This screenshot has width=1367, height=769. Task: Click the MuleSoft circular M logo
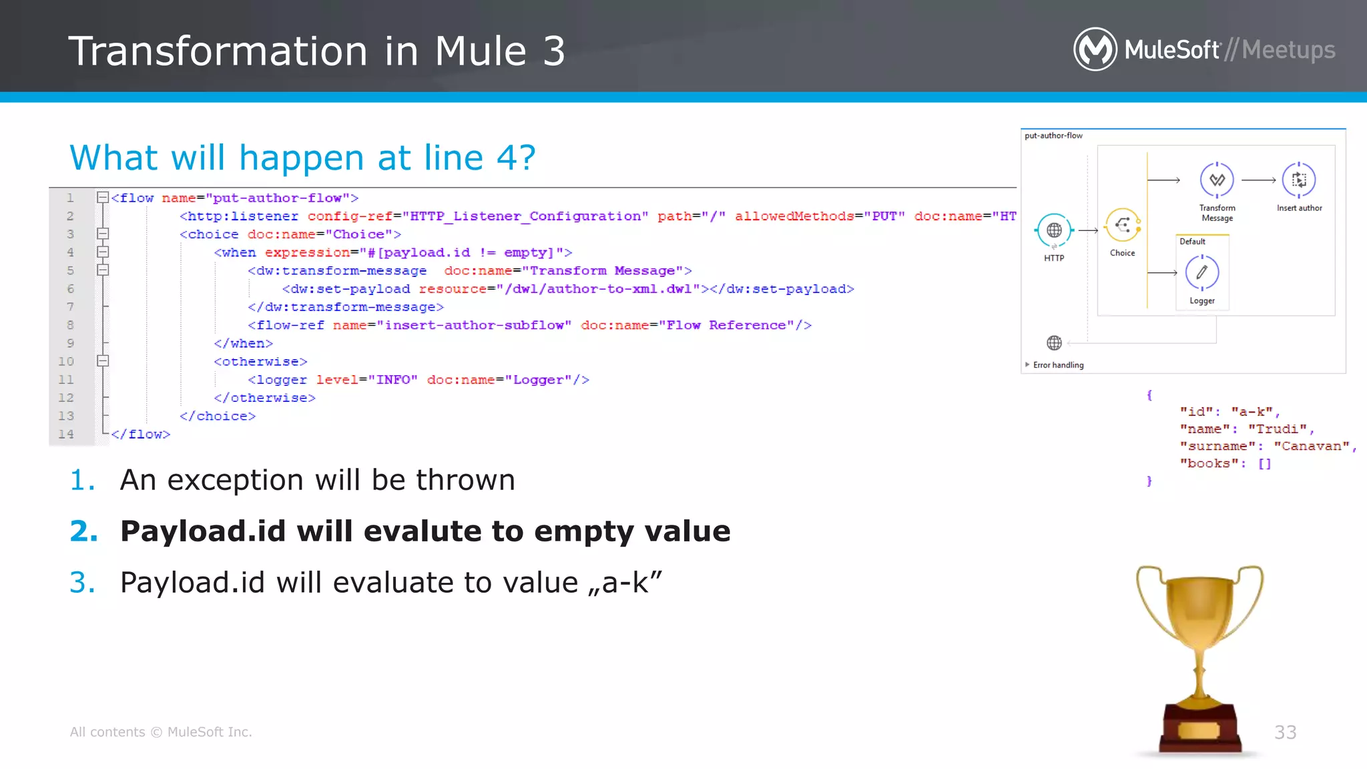point(1095,49)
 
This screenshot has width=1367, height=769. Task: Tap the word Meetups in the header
point(1288,50)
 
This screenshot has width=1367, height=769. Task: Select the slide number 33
point(1285,732)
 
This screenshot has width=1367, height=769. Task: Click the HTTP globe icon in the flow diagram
point(1054,230)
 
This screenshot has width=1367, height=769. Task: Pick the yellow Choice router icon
point(1123,225)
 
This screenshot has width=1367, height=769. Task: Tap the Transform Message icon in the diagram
point(1217,180)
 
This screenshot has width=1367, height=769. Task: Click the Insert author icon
point(1299,180)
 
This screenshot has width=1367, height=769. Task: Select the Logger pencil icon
point(1201,272)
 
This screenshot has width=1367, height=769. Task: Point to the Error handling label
point(1058,365)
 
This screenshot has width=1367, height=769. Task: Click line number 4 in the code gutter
point(70,252)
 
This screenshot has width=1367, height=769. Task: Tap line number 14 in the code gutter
point(66,434)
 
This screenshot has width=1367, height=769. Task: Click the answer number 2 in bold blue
point(83,531)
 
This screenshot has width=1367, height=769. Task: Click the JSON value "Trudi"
point(1277,429)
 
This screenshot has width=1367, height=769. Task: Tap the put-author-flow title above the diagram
point(1053,136)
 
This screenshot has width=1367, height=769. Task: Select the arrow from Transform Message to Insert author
point(1258,180)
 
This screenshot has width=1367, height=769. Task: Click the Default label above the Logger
point(1192,242)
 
